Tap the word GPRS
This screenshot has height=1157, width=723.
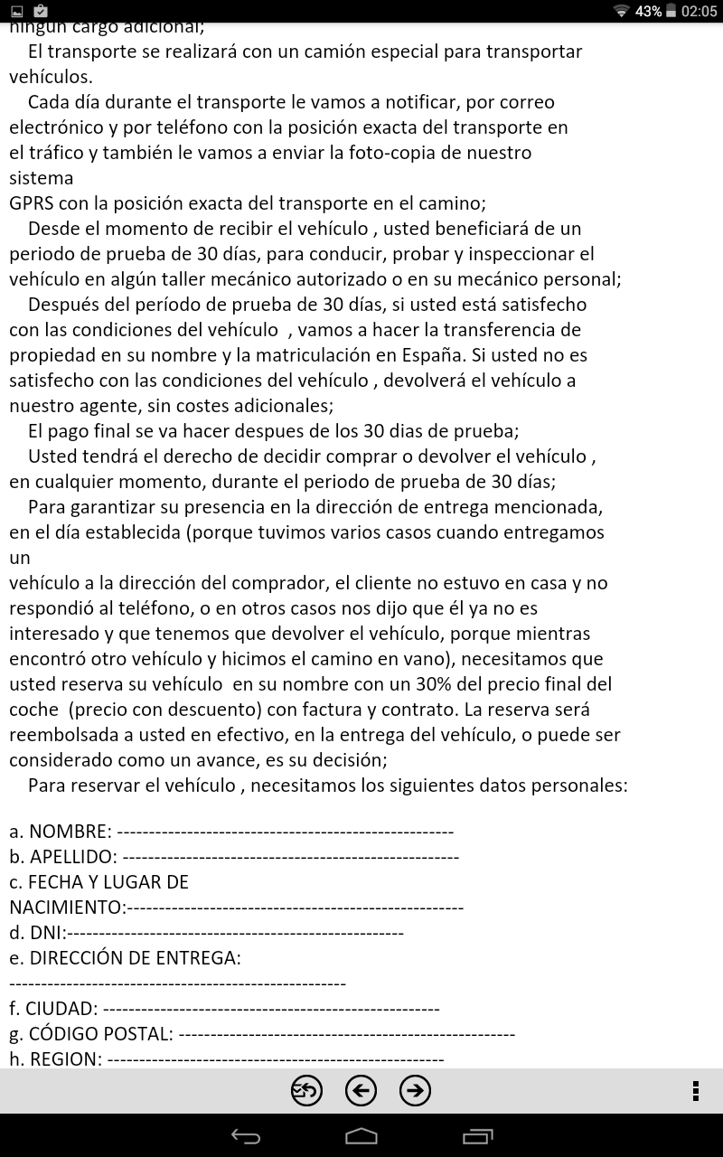click(32, 203)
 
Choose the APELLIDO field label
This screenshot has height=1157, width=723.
click(72, 857)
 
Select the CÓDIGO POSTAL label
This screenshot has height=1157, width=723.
click(100, 1034)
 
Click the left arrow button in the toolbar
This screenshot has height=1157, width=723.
click(361, 1091)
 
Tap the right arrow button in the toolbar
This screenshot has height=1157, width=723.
click(415, 1091)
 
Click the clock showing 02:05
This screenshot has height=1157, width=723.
click(699, 11)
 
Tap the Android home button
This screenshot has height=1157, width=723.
click(361, 1136)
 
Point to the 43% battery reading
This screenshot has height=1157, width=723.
click(648, 11)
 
